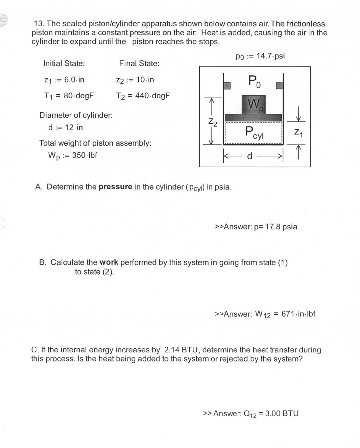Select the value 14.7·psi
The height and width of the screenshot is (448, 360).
(270, 56)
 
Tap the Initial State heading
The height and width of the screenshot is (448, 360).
(64, 64)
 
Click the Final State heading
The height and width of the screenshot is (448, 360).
(139, 64)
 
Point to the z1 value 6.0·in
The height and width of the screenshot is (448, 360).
(74, 80)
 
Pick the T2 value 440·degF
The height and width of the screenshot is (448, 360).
(152, 96)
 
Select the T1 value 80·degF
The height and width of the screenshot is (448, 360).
(78, 96)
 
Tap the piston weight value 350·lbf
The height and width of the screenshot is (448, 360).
(85, 155)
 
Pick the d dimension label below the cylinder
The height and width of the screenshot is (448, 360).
(249, 156)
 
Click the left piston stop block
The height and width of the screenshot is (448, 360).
(226, 85)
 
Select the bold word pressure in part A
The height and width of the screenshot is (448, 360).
(115, 187)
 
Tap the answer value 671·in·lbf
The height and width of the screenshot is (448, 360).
(298, 314)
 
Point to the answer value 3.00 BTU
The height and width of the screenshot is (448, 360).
(282, 414)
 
